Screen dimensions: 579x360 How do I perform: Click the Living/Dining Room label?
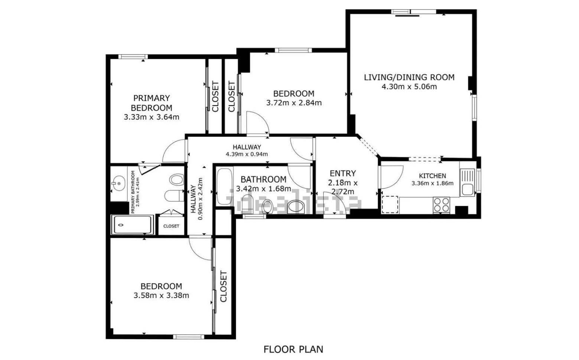[x=409, y=77]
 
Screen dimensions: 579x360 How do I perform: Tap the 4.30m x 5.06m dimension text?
[x=409, y=87]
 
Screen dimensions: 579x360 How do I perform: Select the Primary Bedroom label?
[x=152, y=103]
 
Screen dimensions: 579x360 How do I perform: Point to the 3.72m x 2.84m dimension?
[x=294, y=103]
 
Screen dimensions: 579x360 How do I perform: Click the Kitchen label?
[x=433, y=176]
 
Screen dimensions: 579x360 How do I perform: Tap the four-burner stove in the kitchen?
[x=441, y=205]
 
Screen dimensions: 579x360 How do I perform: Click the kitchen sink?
[x=467, y=182]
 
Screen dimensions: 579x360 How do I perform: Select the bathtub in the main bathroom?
[x=224, y=187]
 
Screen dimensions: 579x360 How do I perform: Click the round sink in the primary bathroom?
[x=119, y=183]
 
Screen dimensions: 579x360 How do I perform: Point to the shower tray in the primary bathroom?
[x=132, y=225]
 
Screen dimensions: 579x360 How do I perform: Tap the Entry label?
[x=343, y=173]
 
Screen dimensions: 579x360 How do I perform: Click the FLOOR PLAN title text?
[x=293, y=349]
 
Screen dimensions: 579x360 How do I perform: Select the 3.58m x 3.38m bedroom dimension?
[x=161, y=295]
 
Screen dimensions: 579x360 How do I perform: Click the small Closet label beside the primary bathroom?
[x=171, y=226]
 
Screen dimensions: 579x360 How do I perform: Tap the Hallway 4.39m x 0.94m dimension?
[x=247, y=154]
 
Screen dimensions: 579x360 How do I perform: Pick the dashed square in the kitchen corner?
[x=390, y=204]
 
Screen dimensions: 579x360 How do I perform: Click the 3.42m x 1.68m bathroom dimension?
[x=263, y=189]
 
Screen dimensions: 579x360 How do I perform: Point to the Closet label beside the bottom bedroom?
[x=223, y=286]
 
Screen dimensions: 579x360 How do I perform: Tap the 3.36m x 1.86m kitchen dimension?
[x=433, y=183]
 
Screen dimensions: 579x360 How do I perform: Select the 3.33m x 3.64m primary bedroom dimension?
[x=152, y=117]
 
